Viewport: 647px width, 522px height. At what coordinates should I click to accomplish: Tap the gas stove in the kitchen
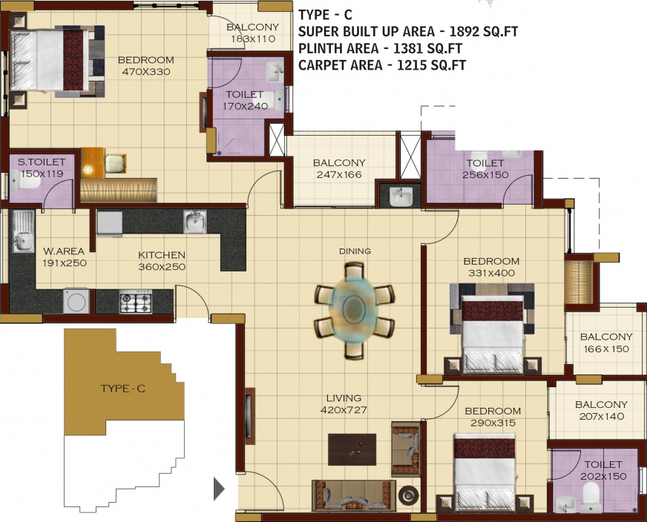pos(136,302)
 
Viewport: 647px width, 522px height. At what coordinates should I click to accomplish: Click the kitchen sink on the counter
pos(195,220)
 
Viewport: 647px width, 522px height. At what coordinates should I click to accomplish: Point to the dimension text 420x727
pos(344,409)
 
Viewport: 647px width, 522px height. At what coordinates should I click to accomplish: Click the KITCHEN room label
pos(161,255)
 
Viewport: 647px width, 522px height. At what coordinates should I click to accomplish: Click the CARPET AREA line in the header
pos(381,65)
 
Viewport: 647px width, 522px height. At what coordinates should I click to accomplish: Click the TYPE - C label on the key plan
pos(122,389)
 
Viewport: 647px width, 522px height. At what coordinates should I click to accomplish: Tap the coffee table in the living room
pos(352,449)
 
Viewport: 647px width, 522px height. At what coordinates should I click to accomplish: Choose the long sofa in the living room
pos(351,494)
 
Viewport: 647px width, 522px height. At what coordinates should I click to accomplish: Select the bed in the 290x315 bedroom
pos(485,473)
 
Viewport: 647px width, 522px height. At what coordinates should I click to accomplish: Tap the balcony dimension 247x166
pos(338,176)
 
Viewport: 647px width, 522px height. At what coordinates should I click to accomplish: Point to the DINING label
pos(355,251)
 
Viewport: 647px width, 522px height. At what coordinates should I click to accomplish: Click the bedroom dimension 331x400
pos(491,273)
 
